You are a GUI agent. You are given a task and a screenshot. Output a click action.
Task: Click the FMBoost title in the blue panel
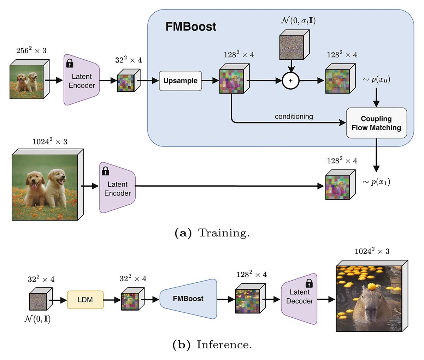191,27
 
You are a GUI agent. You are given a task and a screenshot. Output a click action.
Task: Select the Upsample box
180,81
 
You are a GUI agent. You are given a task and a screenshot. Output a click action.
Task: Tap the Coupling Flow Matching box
376,123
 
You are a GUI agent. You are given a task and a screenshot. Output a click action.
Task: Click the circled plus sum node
290,81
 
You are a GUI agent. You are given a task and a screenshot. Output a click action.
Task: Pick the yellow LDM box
85,300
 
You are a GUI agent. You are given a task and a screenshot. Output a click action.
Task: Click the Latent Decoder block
299,298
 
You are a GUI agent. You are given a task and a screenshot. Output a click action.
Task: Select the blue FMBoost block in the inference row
188,299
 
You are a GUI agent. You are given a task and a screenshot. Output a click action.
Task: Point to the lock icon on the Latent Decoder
309,283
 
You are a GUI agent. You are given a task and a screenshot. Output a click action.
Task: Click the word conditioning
294,116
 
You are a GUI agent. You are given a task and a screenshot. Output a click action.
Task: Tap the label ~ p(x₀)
376,79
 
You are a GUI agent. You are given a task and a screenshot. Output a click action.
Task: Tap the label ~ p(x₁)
376,182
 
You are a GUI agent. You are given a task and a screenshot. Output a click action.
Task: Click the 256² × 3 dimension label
31,50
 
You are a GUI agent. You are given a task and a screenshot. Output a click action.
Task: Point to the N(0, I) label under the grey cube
37,319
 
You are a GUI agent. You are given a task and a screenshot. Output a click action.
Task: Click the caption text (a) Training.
212,233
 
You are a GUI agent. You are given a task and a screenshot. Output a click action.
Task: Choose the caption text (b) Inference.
212,344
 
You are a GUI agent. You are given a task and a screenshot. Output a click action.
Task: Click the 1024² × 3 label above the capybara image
372,251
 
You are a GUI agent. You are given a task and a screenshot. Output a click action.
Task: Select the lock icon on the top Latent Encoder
70,63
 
